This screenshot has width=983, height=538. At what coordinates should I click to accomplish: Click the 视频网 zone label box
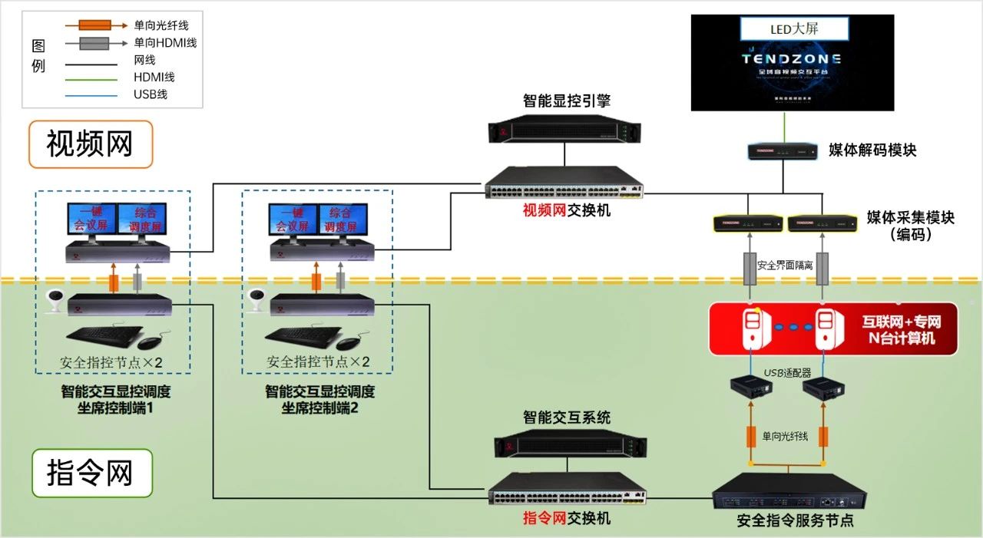[90, 144]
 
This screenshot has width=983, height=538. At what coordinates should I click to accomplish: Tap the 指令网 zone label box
[91, 473]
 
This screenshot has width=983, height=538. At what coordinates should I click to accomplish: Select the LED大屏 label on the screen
[793, 30]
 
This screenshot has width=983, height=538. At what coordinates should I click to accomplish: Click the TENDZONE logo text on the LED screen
[792, 58]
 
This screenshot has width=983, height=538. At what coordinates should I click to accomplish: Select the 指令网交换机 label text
[567, 518]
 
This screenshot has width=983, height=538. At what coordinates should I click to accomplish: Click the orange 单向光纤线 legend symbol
[93, 25]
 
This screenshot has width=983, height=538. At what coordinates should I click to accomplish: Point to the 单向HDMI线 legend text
[165, 43]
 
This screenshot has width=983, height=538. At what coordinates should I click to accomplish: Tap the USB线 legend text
[151, 94]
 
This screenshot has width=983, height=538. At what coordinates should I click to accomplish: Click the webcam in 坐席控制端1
[54, 301]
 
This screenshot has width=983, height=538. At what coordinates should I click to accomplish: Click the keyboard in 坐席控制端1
[104, 336]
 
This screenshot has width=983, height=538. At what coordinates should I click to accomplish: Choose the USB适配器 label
[787, 373]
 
